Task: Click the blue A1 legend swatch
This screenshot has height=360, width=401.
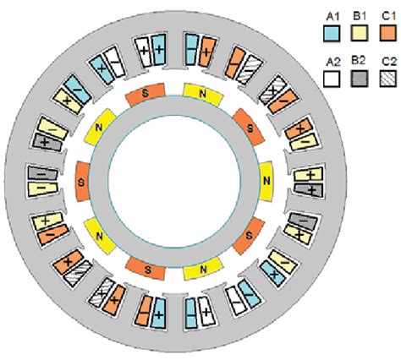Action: [332, 34]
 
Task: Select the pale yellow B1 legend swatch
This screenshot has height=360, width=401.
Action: [360, 33]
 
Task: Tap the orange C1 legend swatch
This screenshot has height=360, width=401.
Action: [388, 33]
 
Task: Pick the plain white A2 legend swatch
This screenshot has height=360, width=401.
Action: [332, 79]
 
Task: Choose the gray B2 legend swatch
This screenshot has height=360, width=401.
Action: [360, 79]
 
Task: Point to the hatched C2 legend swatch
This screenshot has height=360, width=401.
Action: [388, 79]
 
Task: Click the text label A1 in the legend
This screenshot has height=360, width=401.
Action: [332, 17]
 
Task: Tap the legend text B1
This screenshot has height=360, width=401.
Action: [360, 16]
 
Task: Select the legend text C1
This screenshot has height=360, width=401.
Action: [389, 16]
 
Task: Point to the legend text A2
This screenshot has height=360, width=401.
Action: [333, 63]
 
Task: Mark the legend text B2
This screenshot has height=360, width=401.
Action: [359, 60]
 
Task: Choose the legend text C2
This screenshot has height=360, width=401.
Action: [390, 62]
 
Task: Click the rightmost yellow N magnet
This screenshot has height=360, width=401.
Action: [266, 181]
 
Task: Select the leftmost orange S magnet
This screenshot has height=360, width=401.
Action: [83, 182]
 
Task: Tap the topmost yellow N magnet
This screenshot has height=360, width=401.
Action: [203, 95]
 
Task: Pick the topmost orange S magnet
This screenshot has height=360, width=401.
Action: [146, 95]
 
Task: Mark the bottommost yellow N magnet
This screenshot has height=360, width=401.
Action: [202, 269]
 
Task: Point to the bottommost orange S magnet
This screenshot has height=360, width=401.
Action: [146, 269]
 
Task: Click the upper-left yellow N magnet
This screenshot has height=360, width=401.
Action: [100, 128]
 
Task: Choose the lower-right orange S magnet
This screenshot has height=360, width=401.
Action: [249, 236]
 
